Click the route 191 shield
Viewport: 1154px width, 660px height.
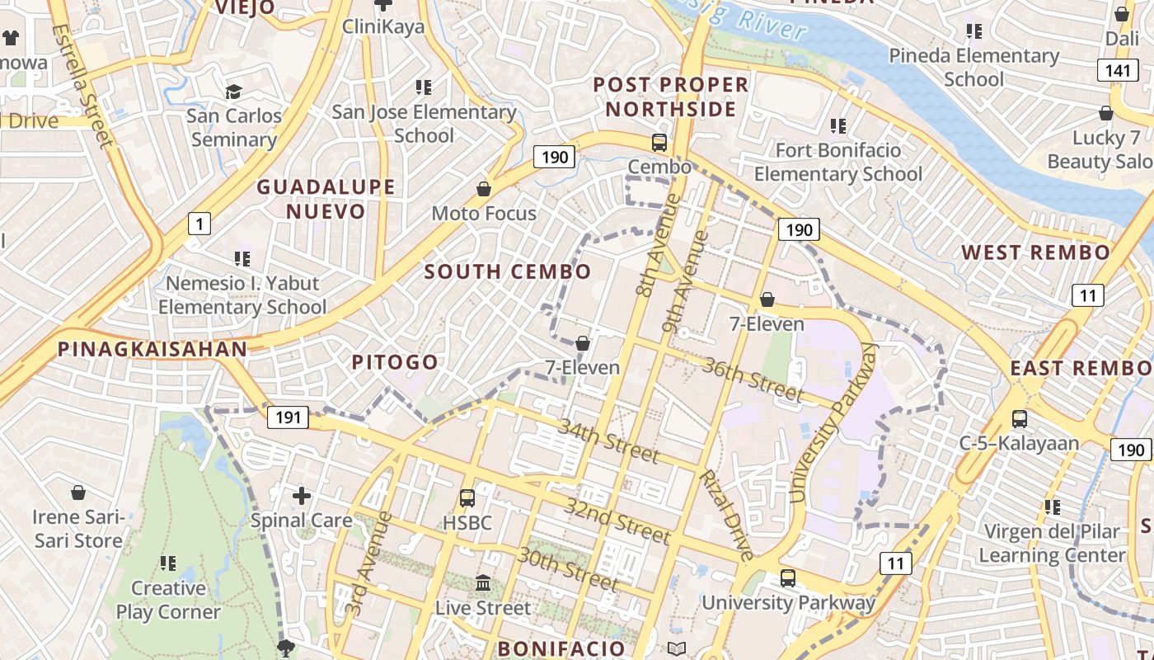coord(288,417)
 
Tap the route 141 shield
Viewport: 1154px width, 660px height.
coord(1118,70)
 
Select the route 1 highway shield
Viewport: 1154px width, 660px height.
coord(199,223)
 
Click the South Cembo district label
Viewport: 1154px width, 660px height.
coord(508,271)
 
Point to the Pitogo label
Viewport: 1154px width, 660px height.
coord(395,362)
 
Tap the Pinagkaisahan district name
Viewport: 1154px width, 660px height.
coord(152,349)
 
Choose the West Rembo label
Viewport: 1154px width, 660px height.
coord(1036,252)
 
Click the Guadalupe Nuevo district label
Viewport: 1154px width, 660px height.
coord(326,199)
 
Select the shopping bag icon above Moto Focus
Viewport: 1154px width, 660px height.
coord(484,189)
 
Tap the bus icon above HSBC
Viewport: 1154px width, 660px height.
coord(467,498)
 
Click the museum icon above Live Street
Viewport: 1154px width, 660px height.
coord(483,583)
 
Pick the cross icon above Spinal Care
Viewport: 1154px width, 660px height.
coord(302,496)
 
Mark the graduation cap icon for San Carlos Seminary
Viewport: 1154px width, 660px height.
coord(234,91)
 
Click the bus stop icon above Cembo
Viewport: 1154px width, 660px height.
coord(659,142)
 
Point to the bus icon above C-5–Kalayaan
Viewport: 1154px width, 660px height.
coord(1020,418)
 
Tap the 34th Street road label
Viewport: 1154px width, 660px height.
coord(608,441)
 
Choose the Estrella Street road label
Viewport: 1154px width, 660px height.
coord(82,86)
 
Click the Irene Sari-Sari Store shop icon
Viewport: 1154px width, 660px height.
coord(78,493)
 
